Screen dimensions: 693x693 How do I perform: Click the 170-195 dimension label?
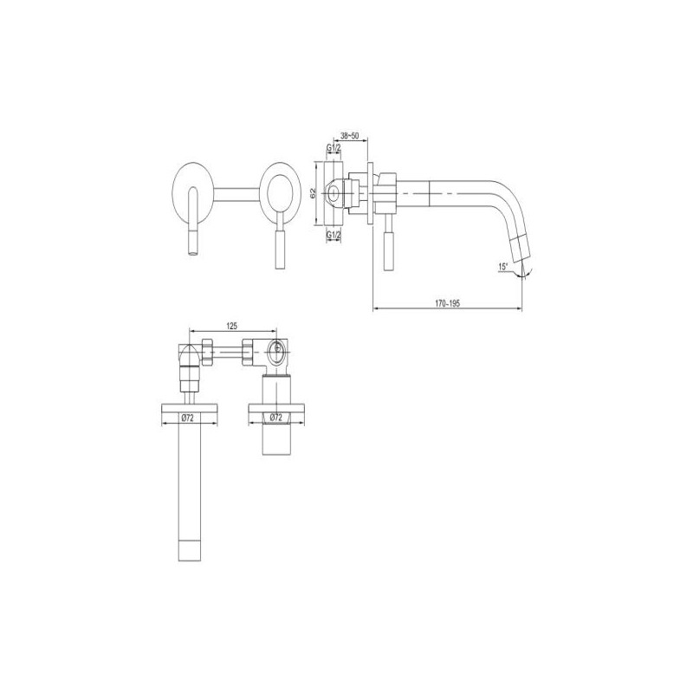[x=447, y=304]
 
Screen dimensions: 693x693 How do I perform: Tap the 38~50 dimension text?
[x=350, y=135]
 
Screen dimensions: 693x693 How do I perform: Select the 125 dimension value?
[x=231, y=327]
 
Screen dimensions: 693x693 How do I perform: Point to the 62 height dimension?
[x=313, y=193]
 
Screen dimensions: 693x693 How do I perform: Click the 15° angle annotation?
[x=503, y=267]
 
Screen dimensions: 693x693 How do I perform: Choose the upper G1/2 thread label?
[x=334, y=147]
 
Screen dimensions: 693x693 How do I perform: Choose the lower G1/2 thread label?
[x=334, y=235]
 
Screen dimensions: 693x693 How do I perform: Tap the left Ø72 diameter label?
[x=188, y=418]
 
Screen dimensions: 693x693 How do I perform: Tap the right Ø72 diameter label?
[x=276, y=418]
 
